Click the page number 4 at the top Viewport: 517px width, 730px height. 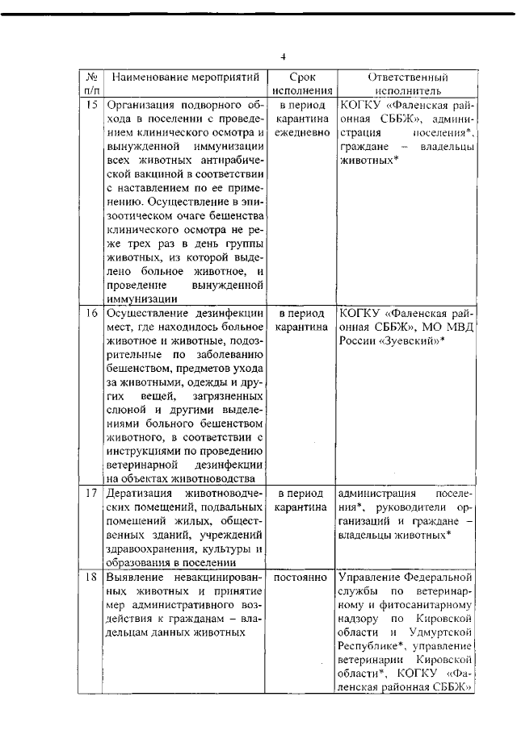tap(284, 56)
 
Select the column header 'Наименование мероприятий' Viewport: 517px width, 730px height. tap(185, 77)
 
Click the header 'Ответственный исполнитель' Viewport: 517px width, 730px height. tap(408, 84)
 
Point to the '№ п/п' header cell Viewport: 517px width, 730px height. tap(90, 84)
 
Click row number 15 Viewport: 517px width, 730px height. tap(91, 105)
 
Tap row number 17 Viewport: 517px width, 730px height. tap(91, 492)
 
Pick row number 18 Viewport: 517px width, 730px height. tap(91, 578)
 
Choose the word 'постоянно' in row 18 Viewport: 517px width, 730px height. tap(301, 578)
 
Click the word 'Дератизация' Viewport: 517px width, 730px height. tap(141, 492)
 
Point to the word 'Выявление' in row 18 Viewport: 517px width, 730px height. tap(135, 578)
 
